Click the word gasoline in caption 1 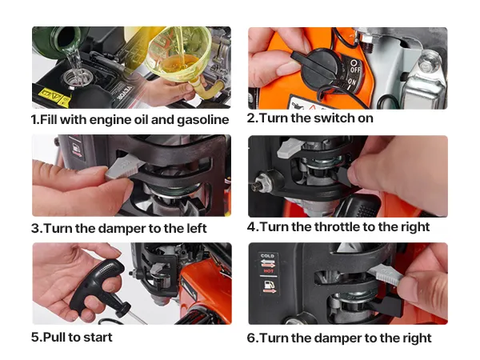pyautogui.click(x=202, y=120)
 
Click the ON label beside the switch pyautogui.click(x=352, y=83)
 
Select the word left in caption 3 pyautogui.click(x=197, y=228)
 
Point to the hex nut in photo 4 pyautogui.click(x=261, y=182)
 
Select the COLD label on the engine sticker pyautogui.click(x=267, y=256)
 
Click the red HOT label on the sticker pyautogui.click(x=268, y=271)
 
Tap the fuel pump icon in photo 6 pyautogui.click(x=268, y=285)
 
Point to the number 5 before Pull pyautogui.click(x=35, y=338)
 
